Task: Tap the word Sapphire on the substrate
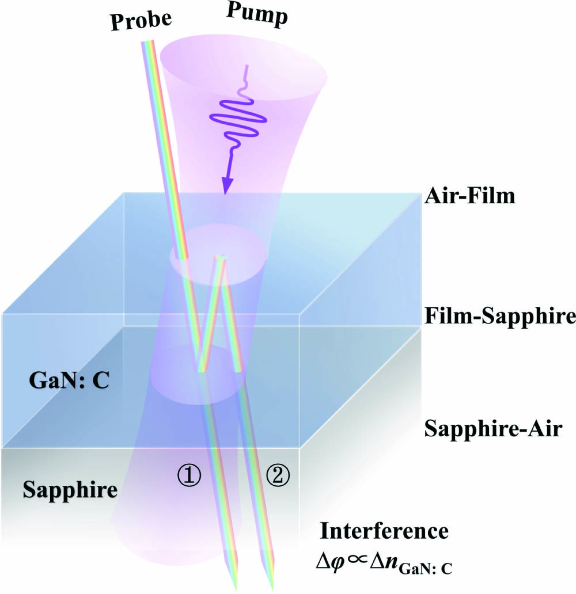70,490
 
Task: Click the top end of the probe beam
147,44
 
